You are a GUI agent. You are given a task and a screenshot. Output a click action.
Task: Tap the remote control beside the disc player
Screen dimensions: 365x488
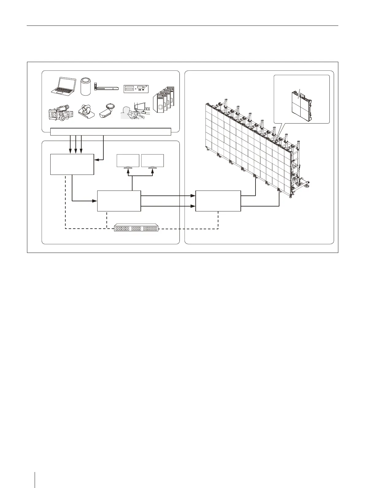[x=95, y=87]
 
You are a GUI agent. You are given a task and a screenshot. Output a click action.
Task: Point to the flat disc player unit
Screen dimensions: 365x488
[x=108, y=89]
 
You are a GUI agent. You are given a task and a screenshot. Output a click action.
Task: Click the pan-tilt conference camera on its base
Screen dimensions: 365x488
[x=86, y=111]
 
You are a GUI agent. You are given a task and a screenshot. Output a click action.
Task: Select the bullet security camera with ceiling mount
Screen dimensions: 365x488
[x=107, y=111]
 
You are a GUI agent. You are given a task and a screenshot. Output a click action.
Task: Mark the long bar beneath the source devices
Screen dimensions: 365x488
[x=110, y=132]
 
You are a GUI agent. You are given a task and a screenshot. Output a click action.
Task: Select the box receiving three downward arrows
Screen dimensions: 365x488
[x=72, y=164]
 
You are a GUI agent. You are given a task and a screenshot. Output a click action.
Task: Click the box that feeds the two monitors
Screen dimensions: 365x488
[x=119, y=201]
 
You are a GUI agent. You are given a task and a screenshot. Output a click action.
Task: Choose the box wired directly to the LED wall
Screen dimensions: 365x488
[x=218, y=201]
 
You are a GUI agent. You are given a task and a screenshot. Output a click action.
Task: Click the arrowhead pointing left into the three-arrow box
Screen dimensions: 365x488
[x=96, y=160]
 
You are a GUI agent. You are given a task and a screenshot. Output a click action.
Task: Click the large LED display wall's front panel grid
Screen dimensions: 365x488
[x=245, y=138]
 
